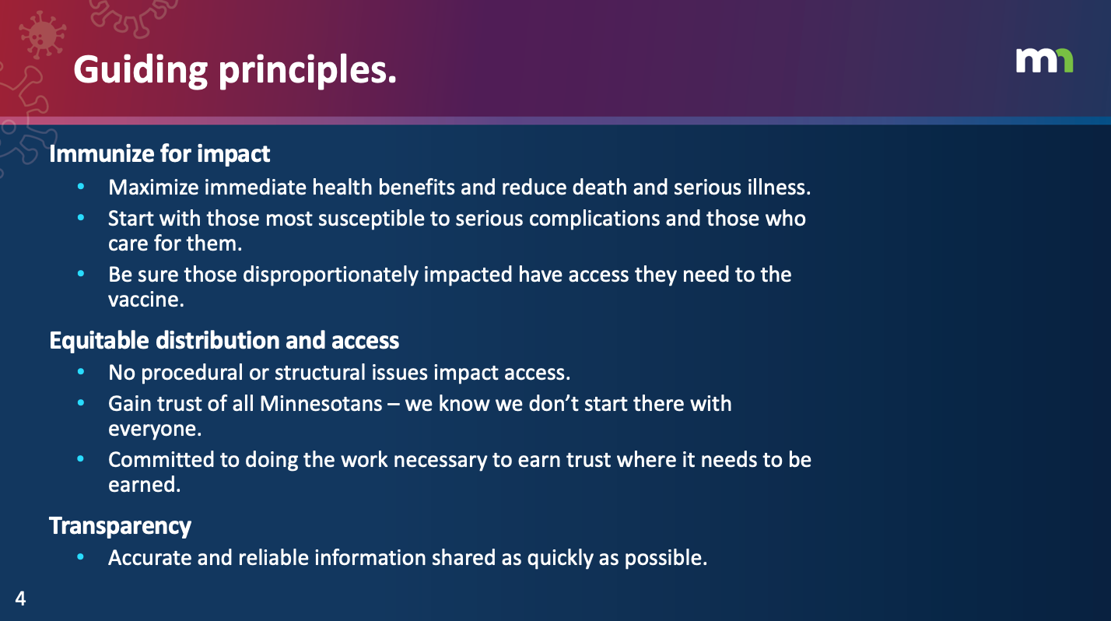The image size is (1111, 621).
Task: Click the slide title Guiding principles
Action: coord(235,70)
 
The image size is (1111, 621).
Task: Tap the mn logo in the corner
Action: coord(1045,61)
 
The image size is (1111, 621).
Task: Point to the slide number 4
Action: coord(20,598)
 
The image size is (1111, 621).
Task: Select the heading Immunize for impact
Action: coord(159,154)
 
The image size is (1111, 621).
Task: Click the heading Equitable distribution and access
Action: coord(224,341)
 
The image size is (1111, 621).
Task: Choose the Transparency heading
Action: coord(120,526)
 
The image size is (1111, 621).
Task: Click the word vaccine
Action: coord(145,300)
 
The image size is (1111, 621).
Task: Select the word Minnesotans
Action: coord(321,404)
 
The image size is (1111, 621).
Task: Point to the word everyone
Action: coord(155,430)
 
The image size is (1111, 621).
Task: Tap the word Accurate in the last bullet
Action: coord(150,558)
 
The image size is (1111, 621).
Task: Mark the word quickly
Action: coord(560,559)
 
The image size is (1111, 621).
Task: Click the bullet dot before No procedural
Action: coord(81,372)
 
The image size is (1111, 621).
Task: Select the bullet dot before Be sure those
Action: coord(81,274)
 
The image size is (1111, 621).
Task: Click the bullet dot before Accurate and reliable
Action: coord(81,557)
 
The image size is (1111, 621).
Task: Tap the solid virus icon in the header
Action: coord(43,35)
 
